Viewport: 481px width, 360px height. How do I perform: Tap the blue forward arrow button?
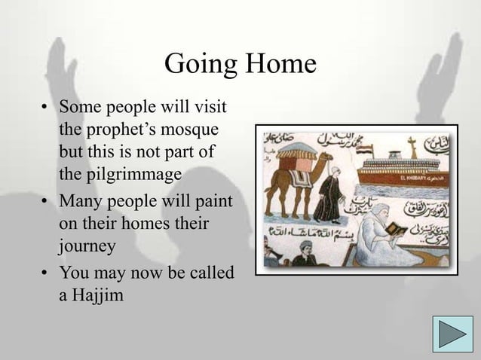click(x=449, y=335)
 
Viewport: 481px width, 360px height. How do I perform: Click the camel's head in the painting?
click(x=322, y=160)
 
